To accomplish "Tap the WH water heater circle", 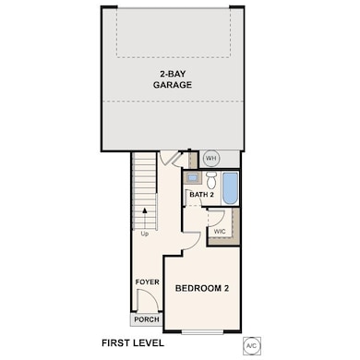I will pos(210,158).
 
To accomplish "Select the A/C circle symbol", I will pos(250,346).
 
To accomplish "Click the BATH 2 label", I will pos(202,195).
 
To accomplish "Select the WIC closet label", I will pos(221,231).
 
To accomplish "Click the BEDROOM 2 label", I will pos(202,289).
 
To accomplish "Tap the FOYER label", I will pos(148,282).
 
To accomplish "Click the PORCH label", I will pos(147,319).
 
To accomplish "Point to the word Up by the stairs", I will pos(145,234).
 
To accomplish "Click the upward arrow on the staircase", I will pos(145,218).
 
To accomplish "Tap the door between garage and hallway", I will pos(169,160).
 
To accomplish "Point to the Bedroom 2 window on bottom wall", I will pos(211,330).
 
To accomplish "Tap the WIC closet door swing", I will pos(215,219).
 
